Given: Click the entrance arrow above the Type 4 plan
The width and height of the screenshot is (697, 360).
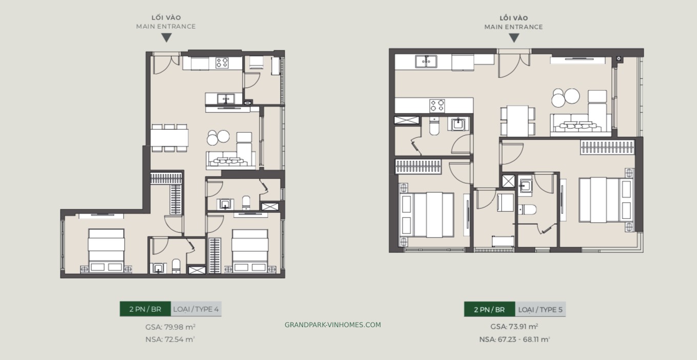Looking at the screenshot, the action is (167, 37).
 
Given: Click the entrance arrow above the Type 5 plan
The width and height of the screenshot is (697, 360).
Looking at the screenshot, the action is (514, 38).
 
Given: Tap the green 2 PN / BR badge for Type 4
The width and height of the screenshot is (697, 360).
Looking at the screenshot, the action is (145, 309).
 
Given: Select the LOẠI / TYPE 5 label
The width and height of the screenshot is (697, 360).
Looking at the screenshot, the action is (540, 310).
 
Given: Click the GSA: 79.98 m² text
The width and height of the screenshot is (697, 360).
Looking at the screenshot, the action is (170, 327).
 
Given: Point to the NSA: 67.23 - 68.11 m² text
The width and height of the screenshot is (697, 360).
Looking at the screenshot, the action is (514, 339).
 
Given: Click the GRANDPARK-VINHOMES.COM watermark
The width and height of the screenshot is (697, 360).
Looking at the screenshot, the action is (333, 325).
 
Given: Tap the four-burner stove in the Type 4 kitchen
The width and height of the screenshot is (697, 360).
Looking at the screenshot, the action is (222, 63).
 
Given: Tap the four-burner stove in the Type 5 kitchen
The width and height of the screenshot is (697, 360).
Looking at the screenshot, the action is (437, 106).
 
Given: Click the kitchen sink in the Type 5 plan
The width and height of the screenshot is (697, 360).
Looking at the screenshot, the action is (426, 62).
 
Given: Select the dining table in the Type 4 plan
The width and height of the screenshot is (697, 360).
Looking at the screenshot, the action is (169, 138).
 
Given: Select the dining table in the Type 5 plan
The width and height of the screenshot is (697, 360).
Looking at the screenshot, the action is (517, 121).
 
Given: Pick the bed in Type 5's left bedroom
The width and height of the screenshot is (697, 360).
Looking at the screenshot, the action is (427, 215).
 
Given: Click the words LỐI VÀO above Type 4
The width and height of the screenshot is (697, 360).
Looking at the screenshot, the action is (166, 17).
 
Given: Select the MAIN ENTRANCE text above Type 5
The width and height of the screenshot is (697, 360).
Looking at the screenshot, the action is (513, 27).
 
